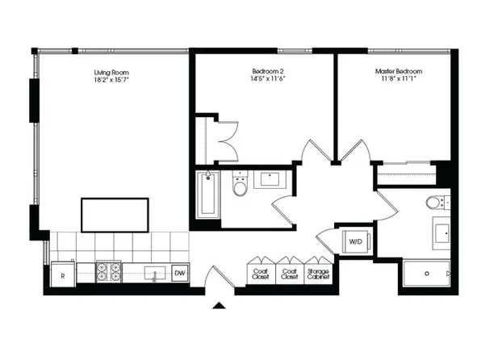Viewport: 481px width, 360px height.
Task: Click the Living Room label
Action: point(111,73)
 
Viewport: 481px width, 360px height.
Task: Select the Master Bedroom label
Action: point(399,71)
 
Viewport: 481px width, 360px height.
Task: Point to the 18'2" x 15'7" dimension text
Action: point(111,80)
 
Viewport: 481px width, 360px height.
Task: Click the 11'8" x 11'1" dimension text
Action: point(399,78)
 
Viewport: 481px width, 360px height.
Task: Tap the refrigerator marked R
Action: point(63,274)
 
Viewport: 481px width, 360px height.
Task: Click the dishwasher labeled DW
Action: point(180,273)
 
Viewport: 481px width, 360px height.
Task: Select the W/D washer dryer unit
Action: point(356,241)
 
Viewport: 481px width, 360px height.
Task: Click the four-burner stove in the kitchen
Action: point(109,272)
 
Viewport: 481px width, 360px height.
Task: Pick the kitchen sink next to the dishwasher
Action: point(155,273)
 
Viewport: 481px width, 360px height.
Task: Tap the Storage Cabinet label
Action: point(318,274)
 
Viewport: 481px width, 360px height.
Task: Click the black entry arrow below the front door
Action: point(219,305)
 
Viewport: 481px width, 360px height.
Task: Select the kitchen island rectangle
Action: point(115,216)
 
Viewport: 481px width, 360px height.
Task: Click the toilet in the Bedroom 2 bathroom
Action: point(240,185)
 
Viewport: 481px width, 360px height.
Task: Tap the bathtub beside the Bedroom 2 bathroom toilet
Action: point(208,195)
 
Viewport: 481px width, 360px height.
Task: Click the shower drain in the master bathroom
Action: point(427,273)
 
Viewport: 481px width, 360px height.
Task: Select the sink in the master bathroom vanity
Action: point(442,233)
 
